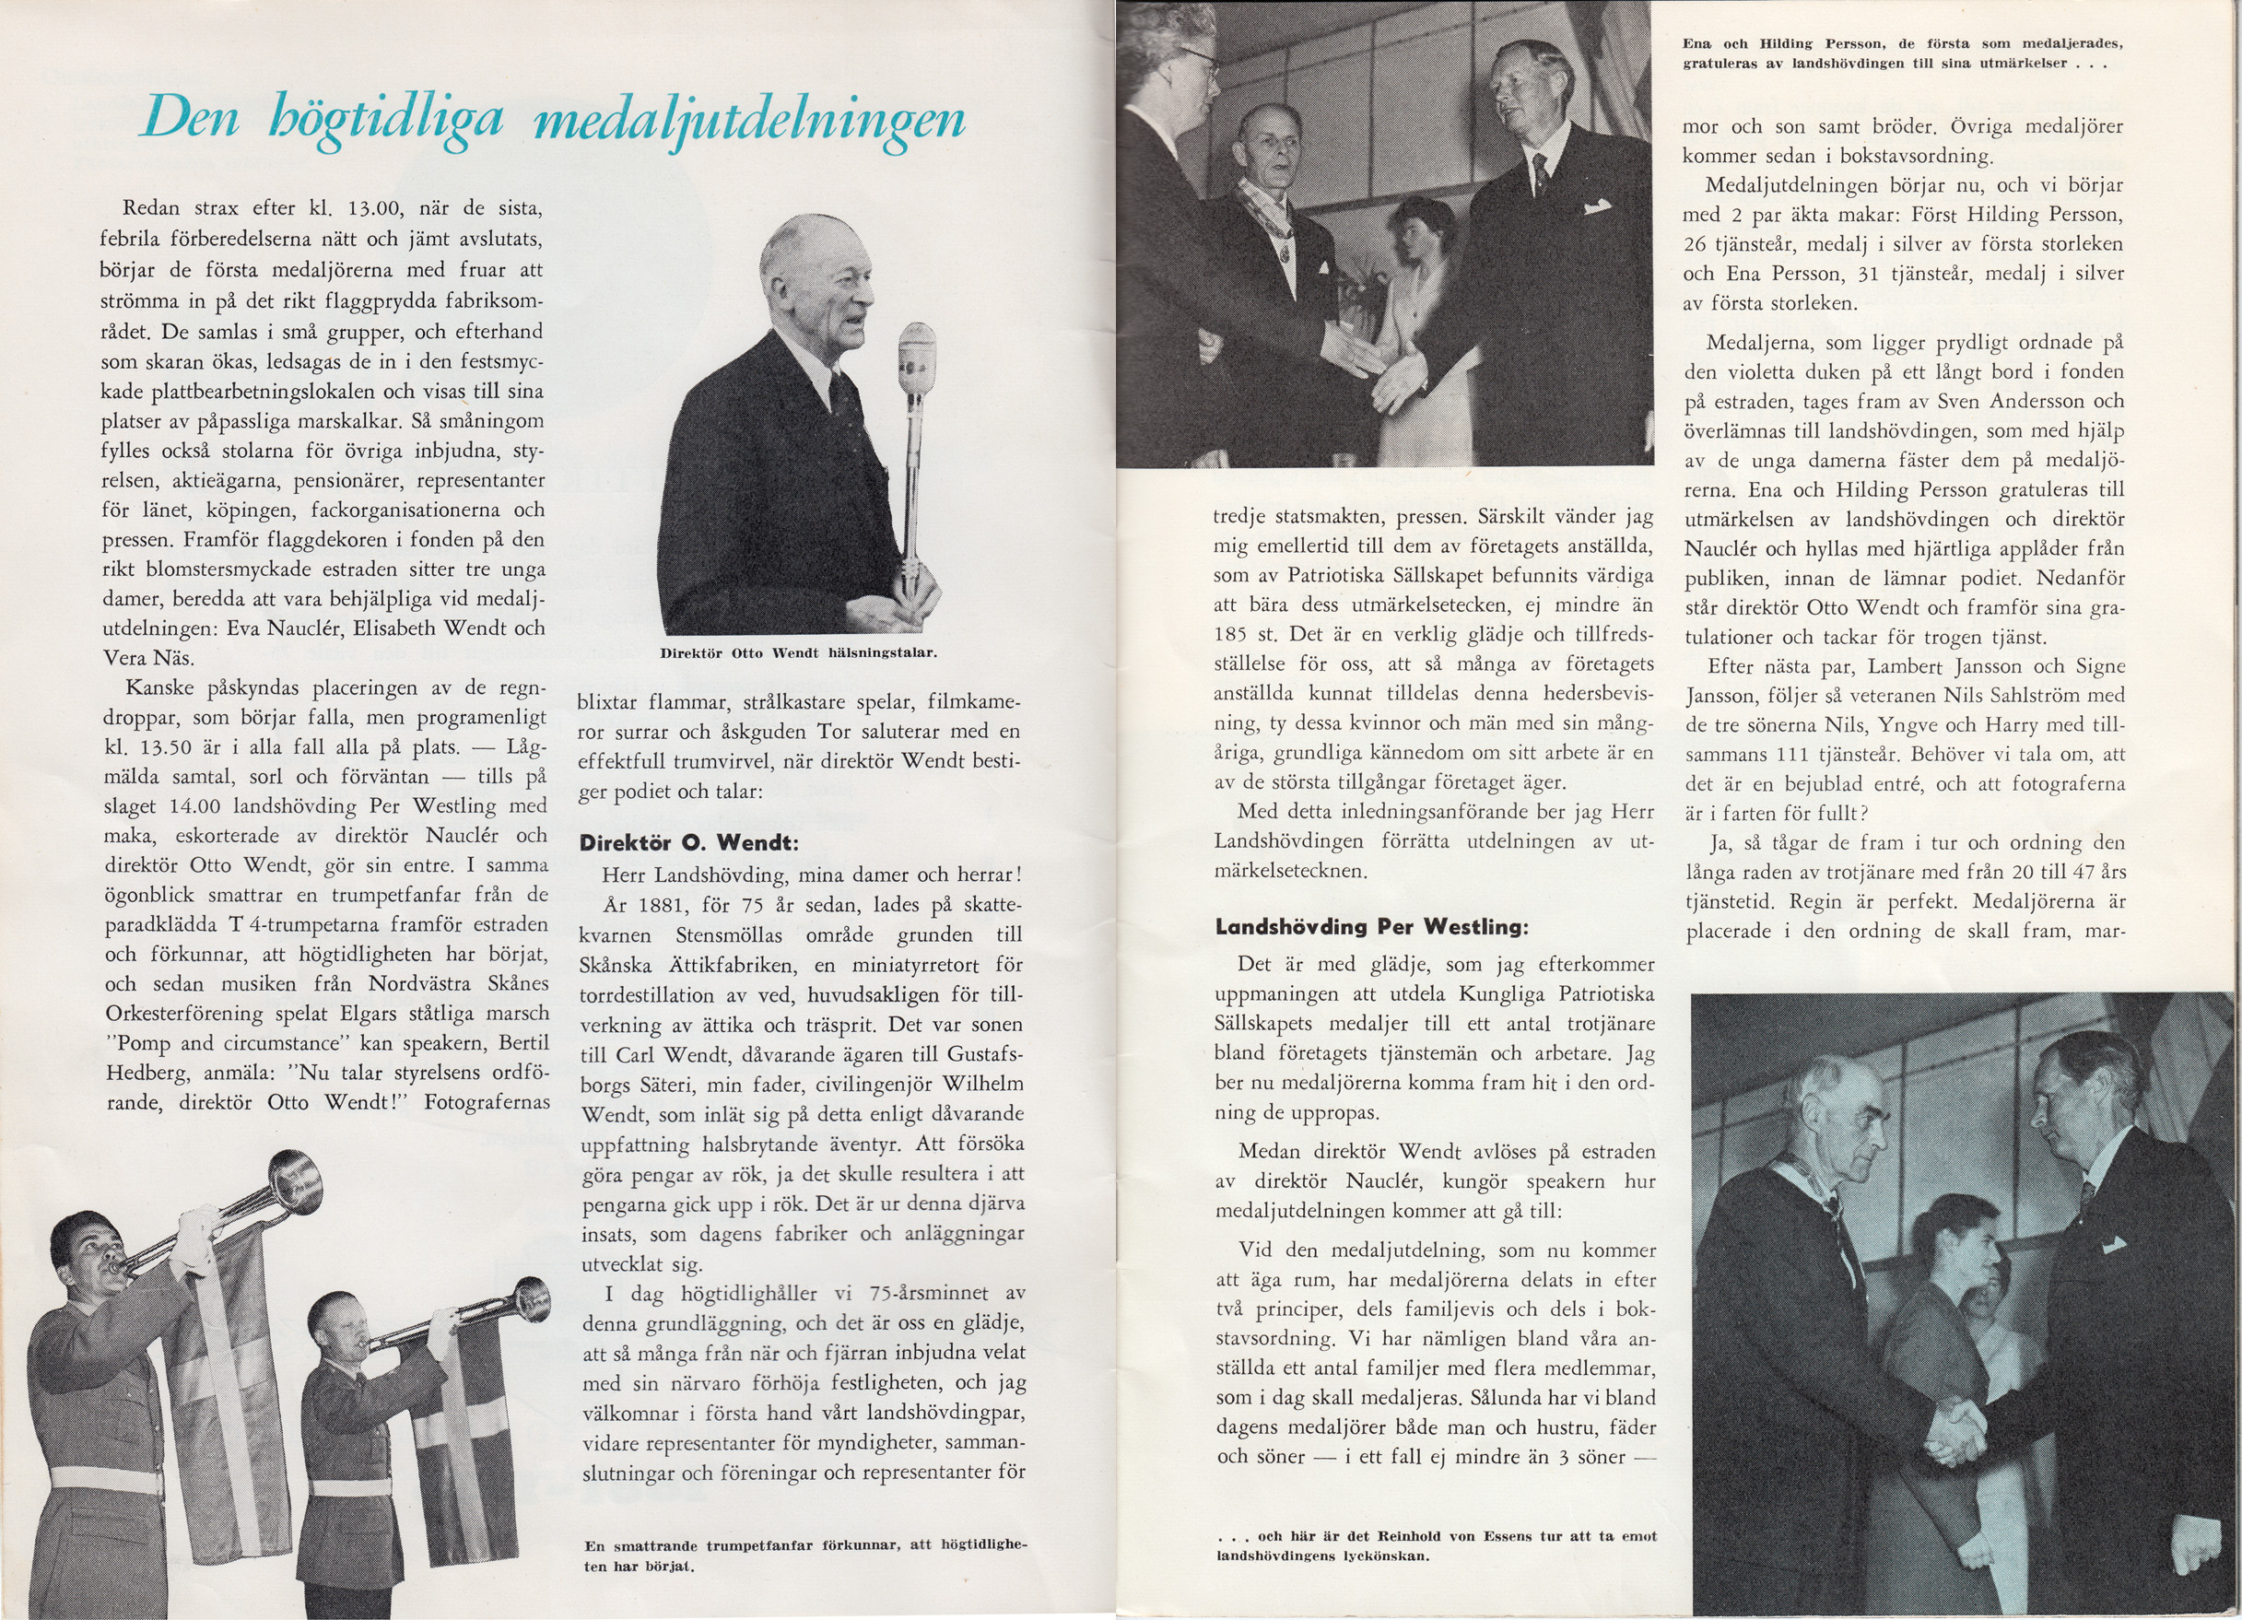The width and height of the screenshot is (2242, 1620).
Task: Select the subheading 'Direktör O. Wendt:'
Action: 688,843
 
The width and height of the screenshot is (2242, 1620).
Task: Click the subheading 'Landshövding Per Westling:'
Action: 1371,927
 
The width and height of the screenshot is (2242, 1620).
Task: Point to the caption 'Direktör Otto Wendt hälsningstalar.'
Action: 799,653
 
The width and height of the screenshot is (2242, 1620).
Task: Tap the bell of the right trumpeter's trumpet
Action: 532,1298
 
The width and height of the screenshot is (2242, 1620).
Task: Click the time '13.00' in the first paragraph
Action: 375,208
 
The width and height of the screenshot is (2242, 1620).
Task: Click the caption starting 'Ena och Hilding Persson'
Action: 1902,53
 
